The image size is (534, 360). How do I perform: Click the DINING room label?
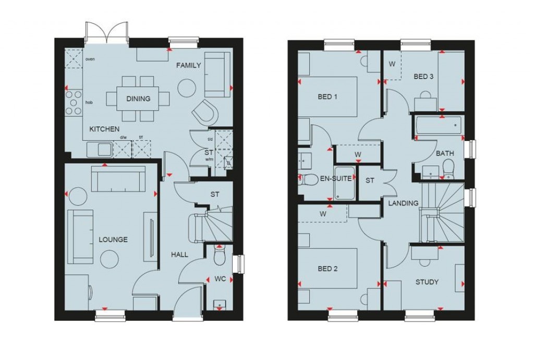138,99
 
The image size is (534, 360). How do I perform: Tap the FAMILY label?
188,65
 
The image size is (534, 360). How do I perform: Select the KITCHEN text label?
104,129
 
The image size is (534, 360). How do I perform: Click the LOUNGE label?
113,240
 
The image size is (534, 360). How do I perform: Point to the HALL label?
180,255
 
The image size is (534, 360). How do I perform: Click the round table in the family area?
186,88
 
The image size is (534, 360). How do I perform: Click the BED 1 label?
327,97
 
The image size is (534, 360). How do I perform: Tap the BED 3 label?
423,77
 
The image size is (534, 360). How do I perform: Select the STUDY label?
427,282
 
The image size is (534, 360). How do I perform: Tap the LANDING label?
403,203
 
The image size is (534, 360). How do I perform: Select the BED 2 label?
327,269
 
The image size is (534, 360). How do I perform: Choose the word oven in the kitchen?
90,59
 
